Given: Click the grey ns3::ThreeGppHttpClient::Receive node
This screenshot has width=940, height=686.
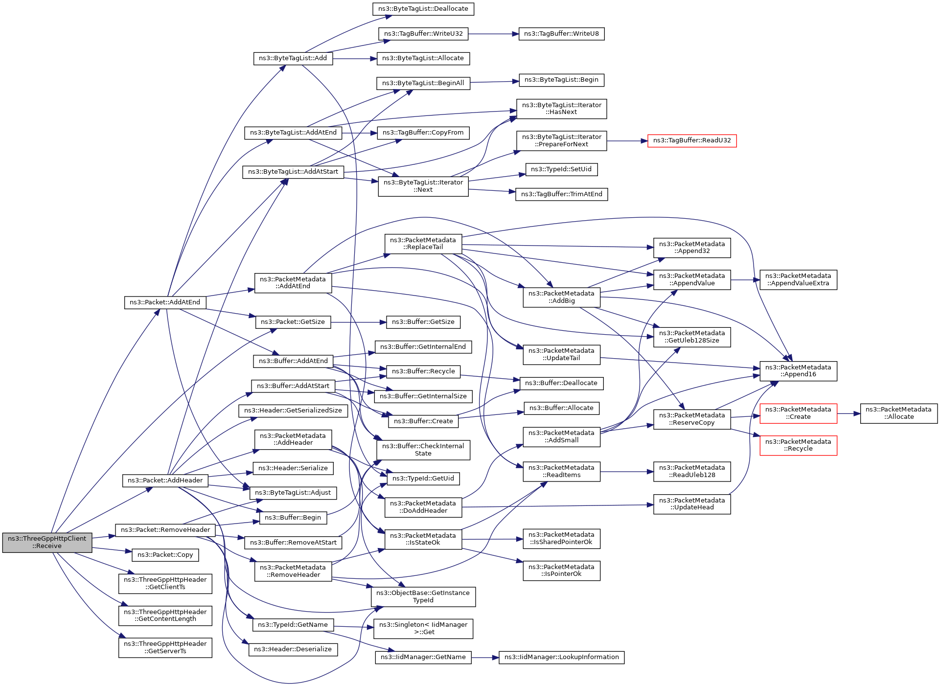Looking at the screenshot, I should [47, 542].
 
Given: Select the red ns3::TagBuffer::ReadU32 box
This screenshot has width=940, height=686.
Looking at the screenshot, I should [691, 140].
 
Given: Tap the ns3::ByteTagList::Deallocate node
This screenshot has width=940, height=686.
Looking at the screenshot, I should [423, 9].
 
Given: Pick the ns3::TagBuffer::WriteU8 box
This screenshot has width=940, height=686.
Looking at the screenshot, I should [561, 34].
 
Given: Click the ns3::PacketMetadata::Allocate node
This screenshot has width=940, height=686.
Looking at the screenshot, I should [898, 413].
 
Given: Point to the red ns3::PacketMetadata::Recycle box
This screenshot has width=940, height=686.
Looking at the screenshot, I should [798, 445].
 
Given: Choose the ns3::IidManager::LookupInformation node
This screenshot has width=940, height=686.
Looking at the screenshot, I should [561, 657].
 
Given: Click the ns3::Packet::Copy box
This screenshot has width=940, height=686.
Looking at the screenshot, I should [165, 555].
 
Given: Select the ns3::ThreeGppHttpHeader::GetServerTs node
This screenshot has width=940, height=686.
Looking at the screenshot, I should [165, 647].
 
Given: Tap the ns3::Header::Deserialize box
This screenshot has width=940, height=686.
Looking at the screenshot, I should [293, 649].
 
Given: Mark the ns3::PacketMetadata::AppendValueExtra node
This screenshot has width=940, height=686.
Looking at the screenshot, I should [798, 279].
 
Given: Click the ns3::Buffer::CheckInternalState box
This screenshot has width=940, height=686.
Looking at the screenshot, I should [423, 450].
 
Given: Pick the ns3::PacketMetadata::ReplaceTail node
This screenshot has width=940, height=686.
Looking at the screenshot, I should [423, 244].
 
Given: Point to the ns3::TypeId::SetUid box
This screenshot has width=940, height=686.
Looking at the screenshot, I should [561, 169].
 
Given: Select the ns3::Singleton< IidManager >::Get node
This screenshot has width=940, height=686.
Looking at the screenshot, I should [423, 628].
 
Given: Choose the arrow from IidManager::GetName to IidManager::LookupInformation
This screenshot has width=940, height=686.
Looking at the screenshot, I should [484, 658].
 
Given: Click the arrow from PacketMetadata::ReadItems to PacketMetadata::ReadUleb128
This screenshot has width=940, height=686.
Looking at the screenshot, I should [626, 472].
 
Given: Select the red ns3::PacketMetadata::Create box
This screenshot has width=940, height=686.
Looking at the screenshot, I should [798, 413].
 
